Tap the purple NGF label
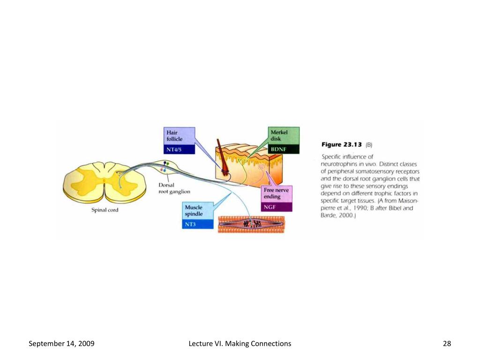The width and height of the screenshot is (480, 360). (277, 207)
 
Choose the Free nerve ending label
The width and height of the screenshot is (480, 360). (277, 194)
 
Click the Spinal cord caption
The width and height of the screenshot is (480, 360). (105, 210)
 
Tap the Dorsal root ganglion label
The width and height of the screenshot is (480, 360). (174, 188)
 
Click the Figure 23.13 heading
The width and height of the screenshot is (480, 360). (341, 145)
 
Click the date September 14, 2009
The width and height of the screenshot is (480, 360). (61, 344)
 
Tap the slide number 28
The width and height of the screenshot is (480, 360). (447, 344)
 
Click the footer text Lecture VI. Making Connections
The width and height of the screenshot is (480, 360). (240, 344)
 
